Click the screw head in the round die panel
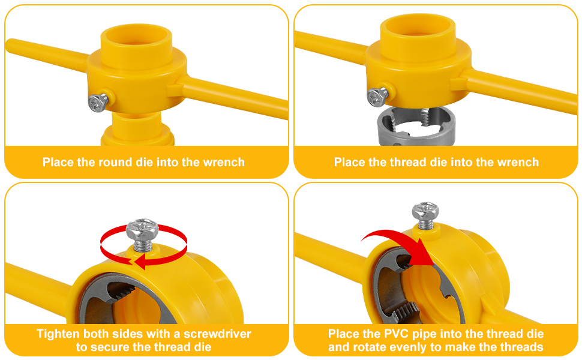[98, 102]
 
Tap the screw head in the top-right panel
[377, 97]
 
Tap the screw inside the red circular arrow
[142, 235]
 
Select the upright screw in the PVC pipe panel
[425, 215]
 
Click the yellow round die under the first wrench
[137, 129]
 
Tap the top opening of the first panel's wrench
[136, 40]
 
